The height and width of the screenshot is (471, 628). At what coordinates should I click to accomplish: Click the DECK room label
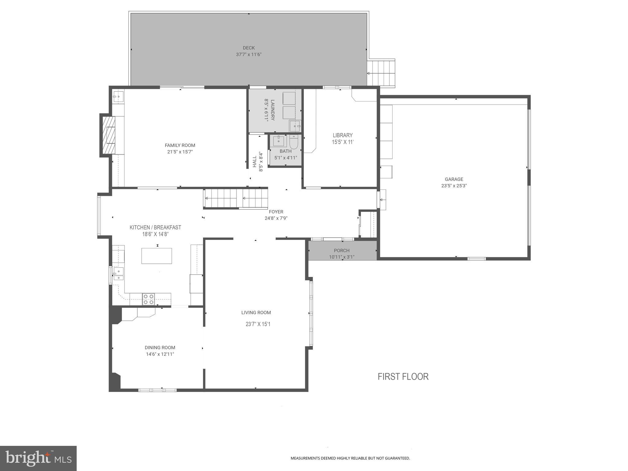coord(249,48)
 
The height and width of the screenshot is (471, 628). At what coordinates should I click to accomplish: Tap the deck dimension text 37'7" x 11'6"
coord(249,55)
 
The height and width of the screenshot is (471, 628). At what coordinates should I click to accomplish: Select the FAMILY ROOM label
coord(180,145)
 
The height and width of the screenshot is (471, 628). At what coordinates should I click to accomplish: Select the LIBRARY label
coord(343,135)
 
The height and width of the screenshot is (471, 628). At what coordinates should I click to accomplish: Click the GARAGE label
coord(454,179)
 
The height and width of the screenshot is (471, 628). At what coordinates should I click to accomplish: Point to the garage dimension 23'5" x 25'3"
coord(454,186)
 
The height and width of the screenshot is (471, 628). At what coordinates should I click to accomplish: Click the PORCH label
coord(342,251)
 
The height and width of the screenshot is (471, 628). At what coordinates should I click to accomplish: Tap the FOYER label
coord(276,212)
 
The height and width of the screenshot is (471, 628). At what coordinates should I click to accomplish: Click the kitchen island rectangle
coord(156,256)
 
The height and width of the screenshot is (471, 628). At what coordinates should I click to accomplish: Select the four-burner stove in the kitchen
coord(148,299)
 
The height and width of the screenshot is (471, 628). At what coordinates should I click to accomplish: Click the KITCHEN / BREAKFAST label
coord(155,228)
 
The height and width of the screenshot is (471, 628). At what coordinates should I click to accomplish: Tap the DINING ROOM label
coord(160,347)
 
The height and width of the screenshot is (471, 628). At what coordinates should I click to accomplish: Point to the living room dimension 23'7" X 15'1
coord(258,324)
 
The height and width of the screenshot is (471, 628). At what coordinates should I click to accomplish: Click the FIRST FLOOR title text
coord(403,377)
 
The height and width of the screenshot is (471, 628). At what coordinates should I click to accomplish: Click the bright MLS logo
coord(38,458)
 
